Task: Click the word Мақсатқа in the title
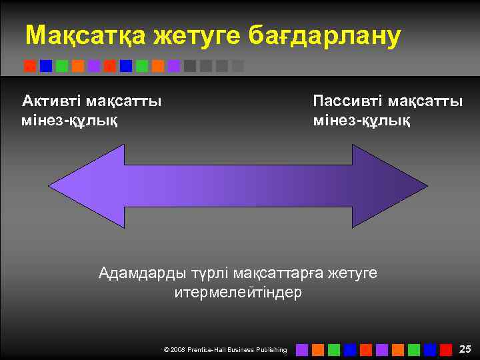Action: point(85,36)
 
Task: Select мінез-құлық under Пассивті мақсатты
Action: point(362,121)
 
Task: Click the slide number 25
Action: point(465,349)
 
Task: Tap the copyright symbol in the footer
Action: point(166,350)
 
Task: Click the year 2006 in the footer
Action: point(178,350)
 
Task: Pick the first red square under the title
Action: point(29,66)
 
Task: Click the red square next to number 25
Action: point(445,349)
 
